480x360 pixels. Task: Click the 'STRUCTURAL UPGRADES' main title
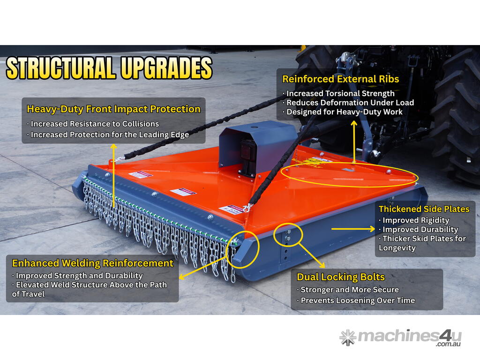pos(109,67)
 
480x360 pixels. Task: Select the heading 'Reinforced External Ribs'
pos(340,79)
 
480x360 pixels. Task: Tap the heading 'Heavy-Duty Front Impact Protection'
pos(113,109)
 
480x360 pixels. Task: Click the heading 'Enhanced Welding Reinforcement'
pos(93,263)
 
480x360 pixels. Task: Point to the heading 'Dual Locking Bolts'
pos(341,277)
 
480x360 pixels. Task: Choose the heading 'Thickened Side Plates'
pos(424,209)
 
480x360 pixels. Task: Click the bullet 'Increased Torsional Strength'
pos(338,93)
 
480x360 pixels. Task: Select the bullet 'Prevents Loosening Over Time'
pos(356,300)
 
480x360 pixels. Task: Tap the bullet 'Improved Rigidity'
pos(414,220)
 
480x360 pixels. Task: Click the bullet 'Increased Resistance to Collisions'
pos(93,124)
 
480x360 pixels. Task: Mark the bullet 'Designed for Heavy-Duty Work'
pos(342,112)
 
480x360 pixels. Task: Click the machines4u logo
pos(400,337)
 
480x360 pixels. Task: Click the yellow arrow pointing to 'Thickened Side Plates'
pos(353,229)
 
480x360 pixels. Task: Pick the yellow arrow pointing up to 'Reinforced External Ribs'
pos(354,141)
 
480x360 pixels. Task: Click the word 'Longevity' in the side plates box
pos(397,248)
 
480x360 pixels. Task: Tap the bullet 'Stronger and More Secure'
pos(348,290)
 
